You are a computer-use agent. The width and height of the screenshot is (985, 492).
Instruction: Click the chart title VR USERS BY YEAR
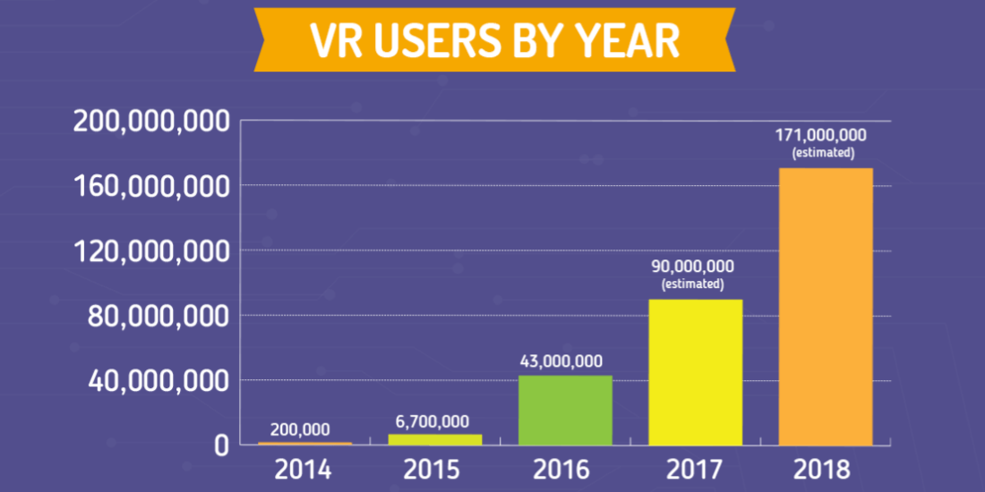point(493,39)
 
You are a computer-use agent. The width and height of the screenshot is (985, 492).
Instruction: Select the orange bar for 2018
point(826,306)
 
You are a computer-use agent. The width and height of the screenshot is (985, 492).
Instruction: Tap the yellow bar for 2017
point(696,371)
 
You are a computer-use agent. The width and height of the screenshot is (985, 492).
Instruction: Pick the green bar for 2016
point(565,410)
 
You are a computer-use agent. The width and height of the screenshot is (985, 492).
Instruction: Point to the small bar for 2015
point(435,439)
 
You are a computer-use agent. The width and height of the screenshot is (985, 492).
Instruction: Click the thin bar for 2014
point(304,443)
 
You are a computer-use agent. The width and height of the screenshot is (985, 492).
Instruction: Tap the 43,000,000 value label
point(561,361)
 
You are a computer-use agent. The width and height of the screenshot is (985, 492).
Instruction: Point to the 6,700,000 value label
point(433,421)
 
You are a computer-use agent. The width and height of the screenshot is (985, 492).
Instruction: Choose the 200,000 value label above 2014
point(300,429)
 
